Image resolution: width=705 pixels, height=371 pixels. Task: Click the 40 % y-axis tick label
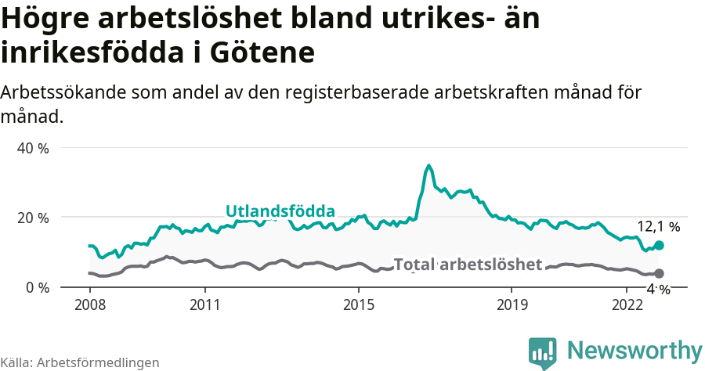coord(33,148)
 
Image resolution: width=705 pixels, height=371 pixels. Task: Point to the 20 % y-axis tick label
coord(33,218)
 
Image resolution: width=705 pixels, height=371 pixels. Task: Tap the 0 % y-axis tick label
coord(37,287)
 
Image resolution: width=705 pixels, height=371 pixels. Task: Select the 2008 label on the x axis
coord(90,304)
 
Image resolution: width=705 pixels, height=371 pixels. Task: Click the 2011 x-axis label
coord(204,304)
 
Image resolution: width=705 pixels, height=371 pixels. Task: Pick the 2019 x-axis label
coord(511,304)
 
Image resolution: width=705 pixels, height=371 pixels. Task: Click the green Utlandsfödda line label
coord(280,211)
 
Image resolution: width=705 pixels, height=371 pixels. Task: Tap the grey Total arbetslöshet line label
coord(468,265)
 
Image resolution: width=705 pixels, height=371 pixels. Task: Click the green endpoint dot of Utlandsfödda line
coord(659,245)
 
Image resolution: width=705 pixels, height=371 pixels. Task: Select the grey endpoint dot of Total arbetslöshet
coord(659,273)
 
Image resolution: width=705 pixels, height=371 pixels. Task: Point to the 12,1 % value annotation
coord(658,227)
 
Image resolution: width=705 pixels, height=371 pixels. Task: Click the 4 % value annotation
coord(658,289)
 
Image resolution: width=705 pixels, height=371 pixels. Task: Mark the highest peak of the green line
coord(428,166)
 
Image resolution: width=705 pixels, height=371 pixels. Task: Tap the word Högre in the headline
coord(48,19)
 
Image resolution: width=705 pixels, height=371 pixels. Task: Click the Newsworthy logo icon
coord(542,352)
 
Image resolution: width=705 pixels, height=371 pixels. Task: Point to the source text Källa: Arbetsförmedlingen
coord(80,362)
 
